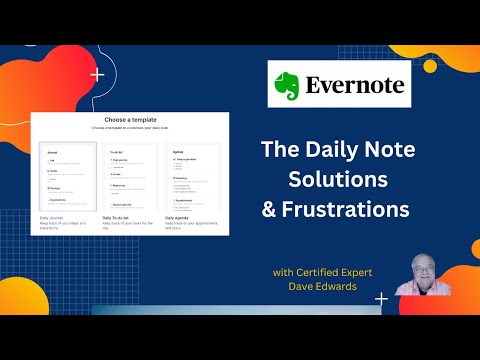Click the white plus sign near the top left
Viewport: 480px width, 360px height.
click(x=97, y=75)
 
